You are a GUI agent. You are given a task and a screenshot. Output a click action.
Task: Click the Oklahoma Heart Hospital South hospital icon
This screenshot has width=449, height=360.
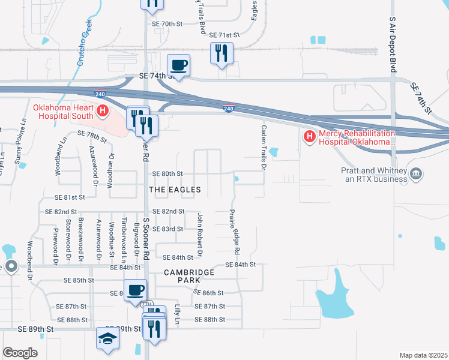tap(102, 111)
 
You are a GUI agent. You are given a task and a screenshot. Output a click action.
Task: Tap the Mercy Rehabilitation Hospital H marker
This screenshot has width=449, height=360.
tap(310, 137)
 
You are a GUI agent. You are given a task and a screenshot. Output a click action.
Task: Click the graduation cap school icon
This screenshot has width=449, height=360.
tap(108, 339)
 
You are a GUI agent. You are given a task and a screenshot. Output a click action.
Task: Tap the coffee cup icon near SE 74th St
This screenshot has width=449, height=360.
tap(178, 65)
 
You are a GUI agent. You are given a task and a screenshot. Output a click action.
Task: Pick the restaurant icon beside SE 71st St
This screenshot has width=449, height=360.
tap(221, 53)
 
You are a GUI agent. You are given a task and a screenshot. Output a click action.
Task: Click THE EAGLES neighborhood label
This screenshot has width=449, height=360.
tap(174, 190)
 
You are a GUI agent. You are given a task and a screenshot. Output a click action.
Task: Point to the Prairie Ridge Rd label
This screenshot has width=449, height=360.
tap(237, 232)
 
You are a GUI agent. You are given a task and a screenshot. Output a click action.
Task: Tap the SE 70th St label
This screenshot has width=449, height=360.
tap(167, 24)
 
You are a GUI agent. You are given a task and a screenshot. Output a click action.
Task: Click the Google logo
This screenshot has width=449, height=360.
tap(20, 352)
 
